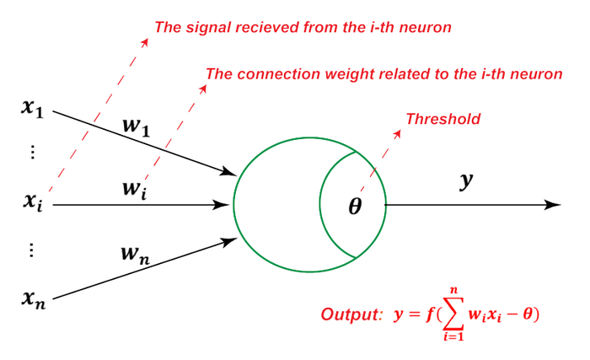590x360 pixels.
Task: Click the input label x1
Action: (35, 108)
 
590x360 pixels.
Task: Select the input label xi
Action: (35, 202)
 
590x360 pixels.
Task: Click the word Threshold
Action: (443, 119)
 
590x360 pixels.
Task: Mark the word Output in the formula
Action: (347, 315)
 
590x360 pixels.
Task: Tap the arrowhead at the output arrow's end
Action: (554, 205)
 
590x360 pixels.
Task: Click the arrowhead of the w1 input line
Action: (229, 173)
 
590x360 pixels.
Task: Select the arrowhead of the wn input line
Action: (229, 241)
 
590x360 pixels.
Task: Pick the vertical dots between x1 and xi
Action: (32, 153)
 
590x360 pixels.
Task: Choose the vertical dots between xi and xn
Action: (32, 250)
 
